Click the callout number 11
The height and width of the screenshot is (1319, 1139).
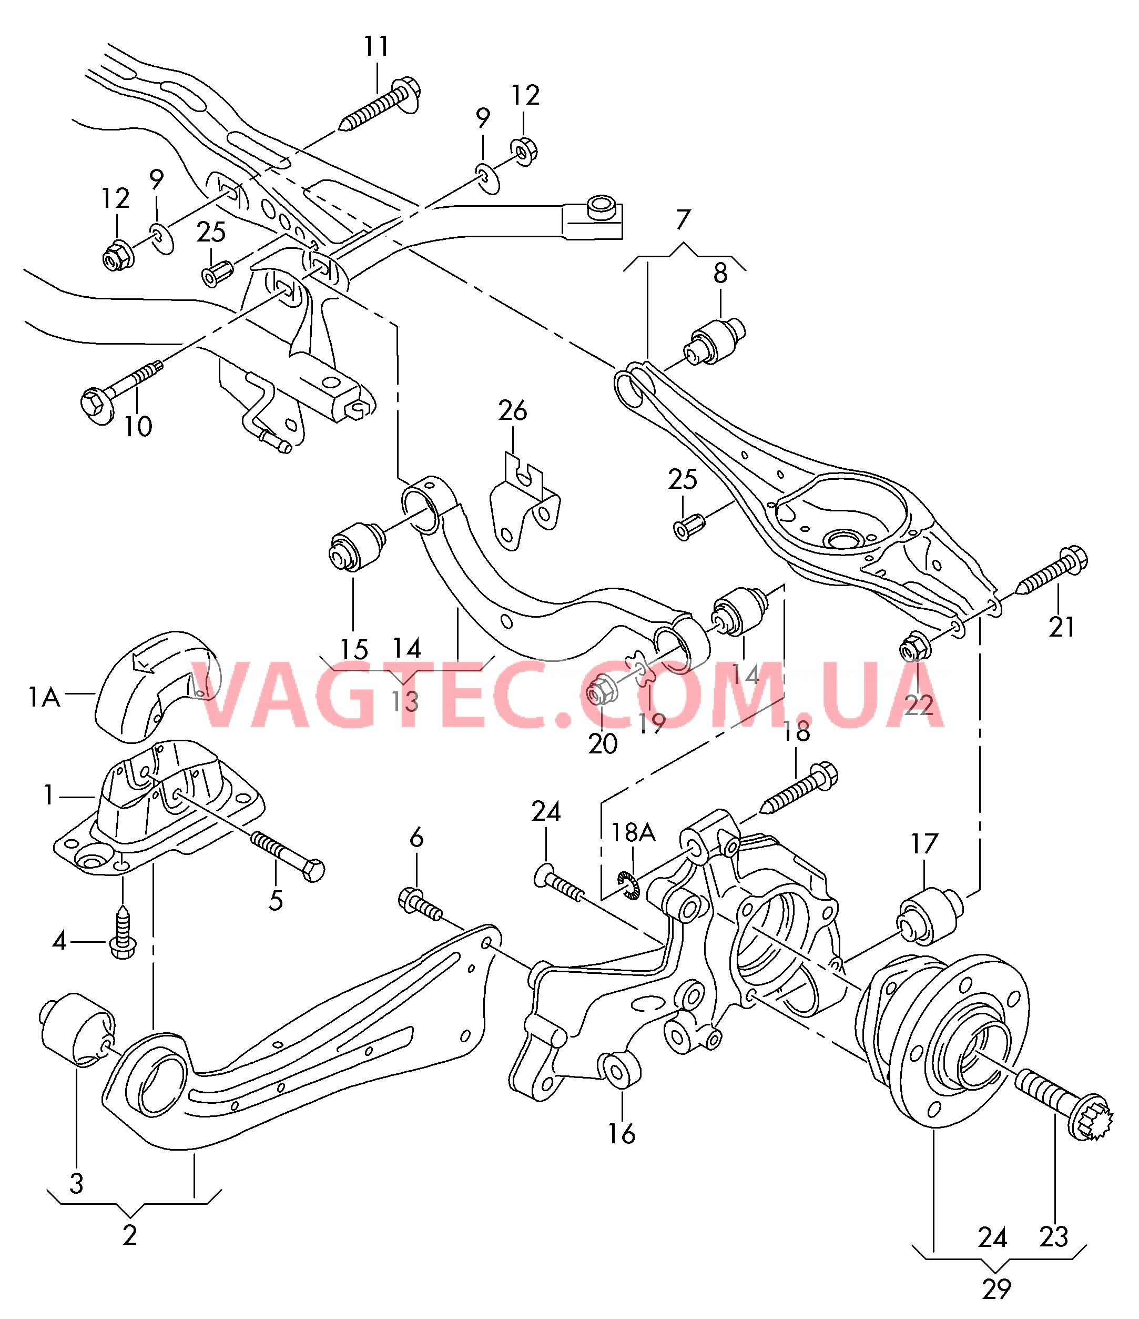tap(376, 46)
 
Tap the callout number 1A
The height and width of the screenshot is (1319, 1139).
tap(43, 697)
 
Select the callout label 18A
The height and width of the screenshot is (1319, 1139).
tap(633, 832)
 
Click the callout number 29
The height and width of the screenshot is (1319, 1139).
tap(996, 1289)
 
